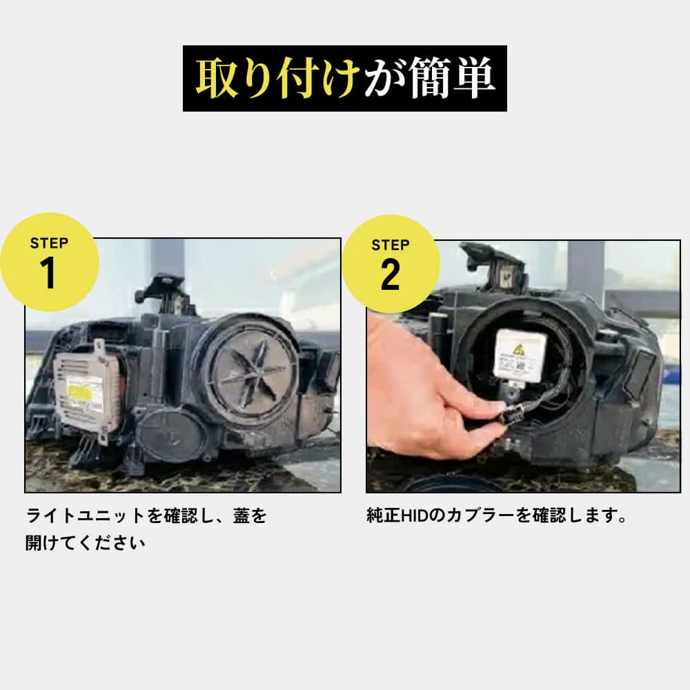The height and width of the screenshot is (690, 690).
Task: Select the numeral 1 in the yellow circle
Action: point(49,273)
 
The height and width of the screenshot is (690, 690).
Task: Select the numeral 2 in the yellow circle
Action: point(390,275)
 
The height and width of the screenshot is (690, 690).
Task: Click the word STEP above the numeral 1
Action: point(49,243)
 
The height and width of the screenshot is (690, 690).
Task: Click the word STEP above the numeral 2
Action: point(390,244)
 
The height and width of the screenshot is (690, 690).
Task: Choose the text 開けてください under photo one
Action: point(86,543)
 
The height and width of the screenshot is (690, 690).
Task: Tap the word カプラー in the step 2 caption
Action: point(470,516)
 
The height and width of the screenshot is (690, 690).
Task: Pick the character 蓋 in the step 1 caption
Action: point(241,516)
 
